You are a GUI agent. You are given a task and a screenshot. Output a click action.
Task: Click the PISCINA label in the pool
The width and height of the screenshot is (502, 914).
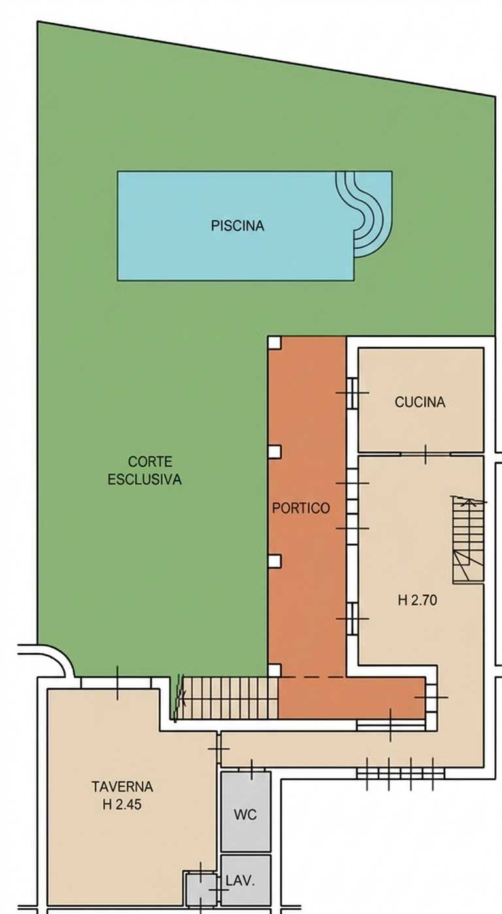[237, 226]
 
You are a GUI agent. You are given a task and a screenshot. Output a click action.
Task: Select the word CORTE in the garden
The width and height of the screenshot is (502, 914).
[150, 462]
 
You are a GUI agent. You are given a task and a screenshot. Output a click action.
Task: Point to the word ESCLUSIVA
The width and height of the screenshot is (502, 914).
[144, 479]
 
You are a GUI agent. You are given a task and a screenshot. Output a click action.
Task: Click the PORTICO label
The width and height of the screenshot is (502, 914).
[301, 508]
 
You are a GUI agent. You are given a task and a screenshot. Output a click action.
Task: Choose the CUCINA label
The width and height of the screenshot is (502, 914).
[420, 402]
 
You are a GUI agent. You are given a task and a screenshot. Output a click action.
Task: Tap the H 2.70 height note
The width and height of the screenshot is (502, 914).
[418, 600]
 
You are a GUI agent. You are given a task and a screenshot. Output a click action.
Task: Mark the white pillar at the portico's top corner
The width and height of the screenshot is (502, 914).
[275, 342]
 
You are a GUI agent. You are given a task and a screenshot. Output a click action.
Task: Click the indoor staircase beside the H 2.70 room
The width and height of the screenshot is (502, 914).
[468, 539]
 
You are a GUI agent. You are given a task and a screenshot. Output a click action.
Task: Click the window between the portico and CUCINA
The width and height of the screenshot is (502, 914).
[352, 393]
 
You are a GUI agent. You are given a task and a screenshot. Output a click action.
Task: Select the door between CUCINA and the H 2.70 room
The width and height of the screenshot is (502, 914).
[426, 454]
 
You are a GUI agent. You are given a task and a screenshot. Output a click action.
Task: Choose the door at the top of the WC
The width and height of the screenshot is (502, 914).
[252, 770]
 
